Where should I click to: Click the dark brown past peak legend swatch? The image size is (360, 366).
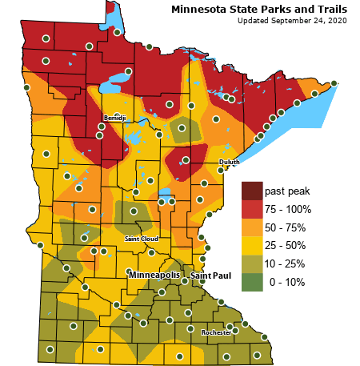(252, 191)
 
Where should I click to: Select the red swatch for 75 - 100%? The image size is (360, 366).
(252, 210)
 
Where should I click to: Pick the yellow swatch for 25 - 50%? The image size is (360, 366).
(252, 246)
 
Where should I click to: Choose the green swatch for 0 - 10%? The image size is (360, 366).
(252, 281)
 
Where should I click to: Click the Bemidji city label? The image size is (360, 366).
(114, 118)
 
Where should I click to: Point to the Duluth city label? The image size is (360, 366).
(229, 162)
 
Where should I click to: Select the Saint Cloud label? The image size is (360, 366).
(141, 239)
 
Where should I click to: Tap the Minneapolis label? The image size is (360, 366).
(155, 276)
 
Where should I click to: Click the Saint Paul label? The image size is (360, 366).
(210, 276)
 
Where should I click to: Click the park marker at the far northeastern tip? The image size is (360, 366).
(334, 83)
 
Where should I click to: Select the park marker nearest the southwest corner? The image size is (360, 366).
(50, 349)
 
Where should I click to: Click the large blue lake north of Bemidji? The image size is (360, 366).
(118, 81)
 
